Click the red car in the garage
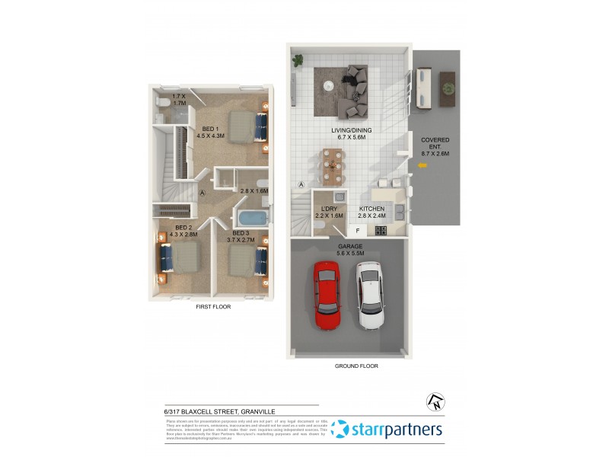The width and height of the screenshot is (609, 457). [327, 296]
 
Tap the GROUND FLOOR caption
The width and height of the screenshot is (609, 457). [356, 366]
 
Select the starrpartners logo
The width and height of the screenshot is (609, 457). [388, 430]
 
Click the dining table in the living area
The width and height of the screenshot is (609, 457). [332, 167]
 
